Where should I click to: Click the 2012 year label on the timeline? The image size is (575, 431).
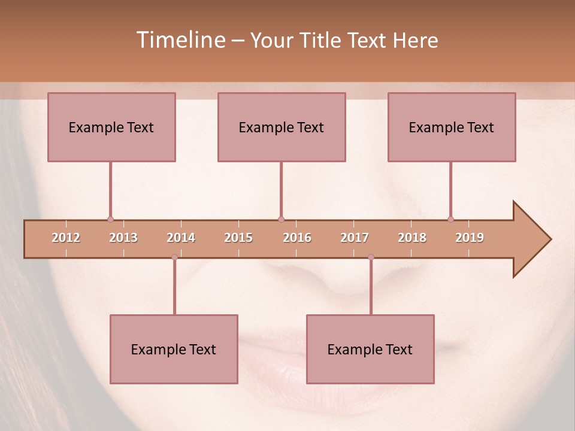(x=66, y=238)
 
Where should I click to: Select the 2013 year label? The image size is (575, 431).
(x=123, y=238)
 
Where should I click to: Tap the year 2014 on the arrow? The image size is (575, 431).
(x=181, y=238)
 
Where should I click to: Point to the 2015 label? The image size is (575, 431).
(x=238, y=238)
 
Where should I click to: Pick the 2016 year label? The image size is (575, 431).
(x=297, y=238)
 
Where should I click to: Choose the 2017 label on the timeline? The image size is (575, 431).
(x=355, y=238)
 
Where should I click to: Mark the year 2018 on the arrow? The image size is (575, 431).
(x=412, y=238)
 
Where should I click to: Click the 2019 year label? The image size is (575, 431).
(x=470, y=238)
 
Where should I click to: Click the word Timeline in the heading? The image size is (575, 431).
(x=180, y=40)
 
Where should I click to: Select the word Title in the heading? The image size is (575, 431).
(x=321, y=41)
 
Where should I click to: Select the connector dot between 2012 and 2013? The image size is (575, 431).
(x=110, y=219)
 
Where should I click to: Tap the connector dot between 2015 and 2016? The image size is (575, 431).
(x=281, y=219)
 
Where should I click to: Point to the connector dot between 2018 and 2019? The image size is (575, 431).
(x=450, y=219)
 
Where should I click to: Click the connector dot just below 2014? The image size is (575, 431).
(x=174, y=257)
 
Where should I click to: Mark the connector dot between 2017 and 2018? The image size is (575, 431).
(x=371, y=257)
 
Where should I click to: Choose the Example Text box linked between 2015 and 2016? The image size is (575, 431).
(x=282, y=127)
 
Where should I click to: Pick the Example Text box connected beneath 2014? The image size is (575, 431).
(x=174, y=349)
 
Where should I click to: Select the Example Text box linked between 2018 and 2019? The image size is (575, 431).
(x=452, y=127)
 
